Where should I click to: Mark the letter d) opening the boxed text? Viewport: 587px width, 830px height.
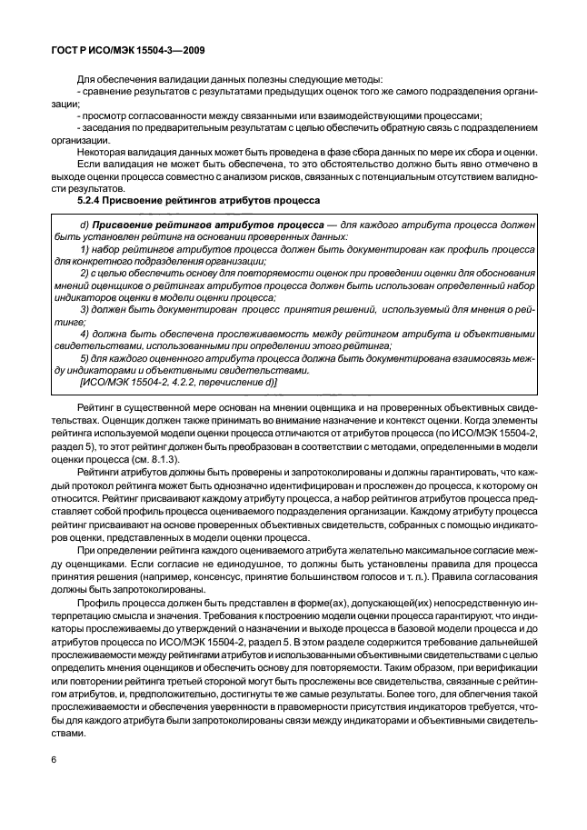coord(85,224)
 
